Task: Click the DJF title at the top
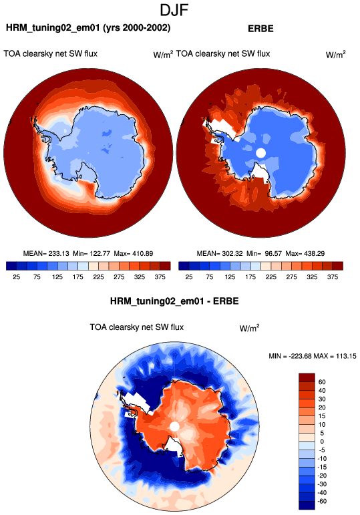(x=174, y=10)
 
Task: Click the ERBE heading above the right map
(x=260, y=29)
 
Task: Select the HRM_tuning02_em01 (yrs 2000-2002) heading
(x=88, y=28)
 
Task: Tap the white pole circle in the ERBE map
(x=260, y=153)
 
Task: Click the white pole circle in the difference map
(x=174, y=427)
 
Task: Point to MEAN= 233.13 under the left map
(x=46, y=254)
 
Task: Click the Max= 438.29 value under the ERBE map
(x=305, y=254)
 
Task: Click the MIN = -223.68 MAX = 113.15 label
(x=313, y=356)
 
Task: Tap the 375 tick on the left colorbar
(x=160, y=277)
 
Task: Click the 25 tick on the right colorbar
(x=189, y=277)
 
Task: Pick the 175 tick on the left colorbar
(x=78, y=277)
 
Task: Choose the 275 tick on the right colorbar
(x=291, y=277)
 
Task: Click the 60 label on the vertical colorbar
(x=322, y=382)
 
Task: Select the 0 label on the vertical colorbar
(x=322, y=442)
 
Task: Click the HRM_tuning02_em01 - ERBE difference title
(x=174, y=301)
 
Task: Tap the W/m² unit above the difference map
(x=250, y=328)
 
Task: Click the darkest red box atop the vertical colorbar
(x=307, y=377)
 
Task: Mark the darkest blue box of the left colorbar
(x=11, y=266)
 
